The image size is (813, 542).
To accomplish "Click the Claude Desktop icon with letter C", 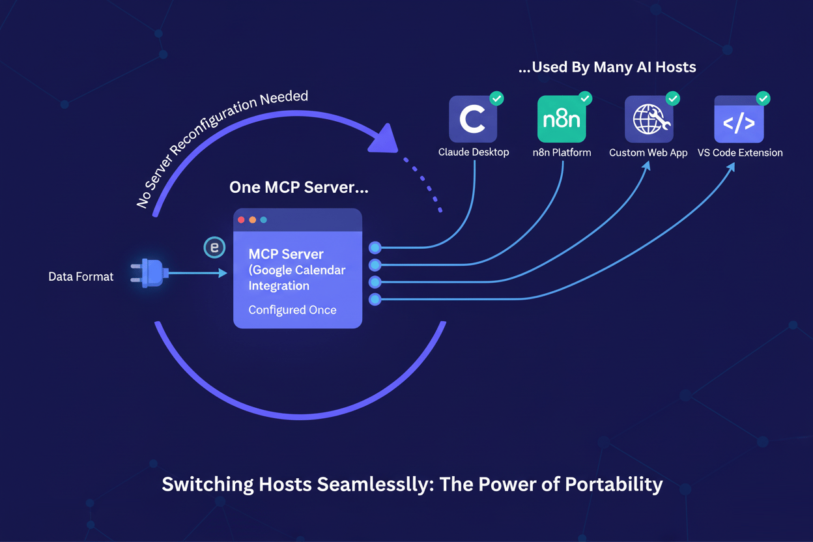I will pyautogui.click(x=473, y=119).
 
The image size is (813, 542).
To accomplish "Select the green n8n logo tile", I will pyautogui.click(x=562, y=119).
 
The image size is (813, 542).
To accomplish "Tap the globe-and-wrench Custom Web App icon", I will pyautogui.click(x=649, y=119).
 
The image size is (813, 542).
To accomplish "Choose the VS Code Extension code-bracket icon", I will pyautogui.click(x=739, y=120).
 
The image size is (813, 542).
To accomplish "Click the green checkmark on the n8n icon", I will pyautogui.click(x=584, y=98).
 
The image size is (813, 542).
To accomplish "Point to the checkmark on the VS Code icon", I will pyautogui.click(x=763, y=98).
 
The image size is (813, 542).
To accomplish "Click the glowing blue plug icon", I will pyautogui.click(x=150, y=273).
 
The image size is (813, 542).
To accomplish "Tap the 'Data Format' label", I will pyautogui.click(x=81, y=277).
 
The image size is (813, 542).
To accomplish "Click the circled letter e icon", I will pyautogui.click(x=214, y=248).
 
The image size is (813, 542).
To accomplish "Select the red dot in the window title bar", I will pyautogui.click(x=242, y=220).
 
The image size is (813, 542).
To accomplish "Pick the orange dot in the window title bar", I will pyautogui.click(x=253, y=220).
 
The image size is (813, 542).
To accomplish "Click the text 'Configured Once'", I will pyautogui.click(x=292, y=310).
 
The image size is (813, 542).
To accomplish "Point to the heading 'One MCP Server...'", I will pyautogui.click(x=299, y=188).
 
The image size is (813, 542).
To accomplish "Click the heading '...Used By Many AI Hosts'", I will pyautogui.click(x=607, y=67).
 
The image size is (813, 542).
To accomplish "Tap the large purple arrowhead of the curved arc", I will pyautogui.click(x=384, y=137).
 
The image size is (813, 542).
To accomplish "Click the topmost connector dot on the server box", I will pyautogui.click(x=375, y=248).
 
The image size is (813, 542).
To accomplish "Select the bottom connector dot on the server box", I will pyautogui.click(x=375, y=300).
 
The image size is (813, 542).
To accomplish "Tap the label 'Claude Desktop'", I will pyautogui.click(x=474, y=152).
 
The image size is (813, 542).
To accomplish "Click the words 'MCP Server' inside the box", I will pyautogui.click(x=286, y=254).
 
